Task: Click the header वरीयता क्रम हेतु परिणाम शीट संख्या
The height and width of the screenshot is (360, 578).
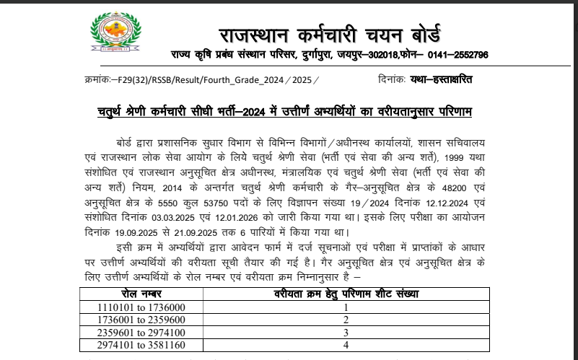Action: (x=346, y=294)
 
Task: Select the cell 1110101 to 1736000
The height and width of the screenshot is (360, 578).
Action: (x=141, y=307)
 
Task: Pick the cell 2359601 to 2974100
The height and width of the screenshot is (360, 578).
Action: (x=141, y=332)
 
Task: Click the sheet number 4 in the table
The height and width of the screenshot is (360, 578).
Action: (x=346, y=345)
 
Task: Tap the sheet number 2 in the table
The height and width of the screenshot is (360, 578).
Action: (x=346, y=320)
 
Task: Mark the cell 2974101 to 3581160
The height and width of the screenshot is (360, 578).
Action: (x=141, y=345)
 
